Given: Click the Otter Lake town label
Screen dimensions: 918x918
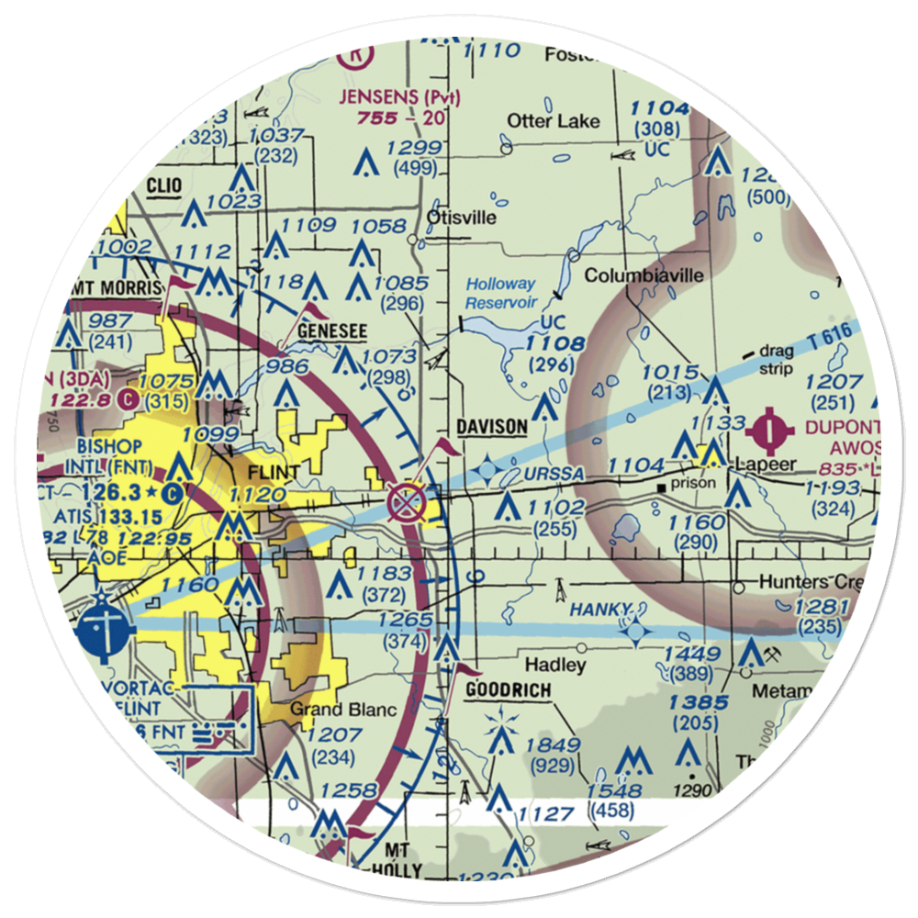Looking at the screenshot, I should (x=554, y=121).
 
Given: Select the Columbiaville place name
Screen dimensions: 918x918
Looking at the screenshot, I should (x=644, y=275).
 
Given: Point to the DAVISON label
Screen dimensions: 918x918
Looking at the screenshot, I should (x=492, y=427).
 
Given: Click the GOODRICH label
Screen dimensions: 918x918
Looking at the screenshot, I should (x=507, y=690).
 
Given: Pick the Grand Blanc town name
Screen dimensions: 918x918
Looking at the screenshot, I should (x=343, y=710).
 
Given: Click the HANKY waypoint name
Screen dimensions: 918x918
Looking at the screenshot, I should (x=600, y=610).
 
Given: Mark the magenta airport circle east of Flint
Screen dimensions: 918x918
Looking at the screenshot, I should (x=405, y=502).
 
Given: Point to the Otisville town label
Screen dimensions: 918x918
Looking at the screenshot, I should (x=461, y=218).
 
